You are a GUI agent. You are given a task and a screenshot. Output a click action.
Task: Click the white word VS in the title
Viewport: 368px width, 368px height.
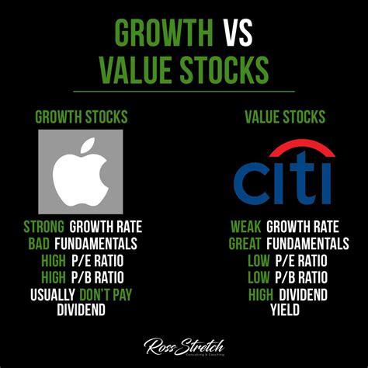(238, 33)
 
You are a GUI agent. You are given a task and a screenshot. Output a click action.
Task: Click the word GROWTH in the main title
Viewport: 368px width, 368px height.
(164, 33)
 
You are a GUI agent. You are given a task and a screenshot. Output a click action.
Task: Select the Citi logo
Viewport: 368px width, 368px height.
(284, 172)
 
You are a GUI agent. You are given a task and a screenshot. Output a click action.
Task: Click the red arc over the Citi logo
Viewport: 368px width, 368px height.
(302, 145)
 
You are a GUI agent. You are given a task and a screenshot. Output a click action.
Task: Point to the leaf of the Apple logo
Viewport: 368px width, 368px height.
(88, 145)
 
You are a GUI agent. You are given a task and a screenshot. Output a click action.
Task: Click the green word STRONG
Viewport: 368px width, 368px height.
(43, 227)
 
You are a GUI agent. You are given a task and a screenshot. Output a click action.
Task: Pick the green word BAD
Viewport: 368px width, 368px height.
(39, 244)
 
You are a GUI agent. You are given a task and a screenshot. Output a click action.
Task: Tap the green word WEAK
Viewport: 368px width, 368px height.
(246, 227)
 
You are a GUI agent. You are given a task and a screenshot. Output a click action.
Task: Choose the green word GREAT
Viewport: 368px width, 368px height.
(245, 244)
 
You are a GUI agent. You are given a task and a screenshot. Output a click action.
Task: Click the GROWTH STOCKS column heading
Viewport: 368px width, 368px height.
(82, 116)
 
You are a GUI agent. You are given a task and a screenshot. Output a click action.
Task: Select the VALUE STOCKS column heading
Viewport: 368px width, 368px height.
(285, 116)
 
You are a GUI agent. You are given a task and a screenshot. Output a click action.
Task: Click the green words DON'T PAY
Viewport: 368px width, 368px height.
(106, 294)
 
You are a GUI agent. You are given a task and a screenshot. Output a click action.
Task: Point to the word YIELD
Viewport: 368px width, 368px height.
(285, 310)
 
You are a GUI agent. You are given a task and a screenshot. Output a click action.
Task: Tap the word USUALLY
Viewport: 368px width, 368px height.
(53, 295)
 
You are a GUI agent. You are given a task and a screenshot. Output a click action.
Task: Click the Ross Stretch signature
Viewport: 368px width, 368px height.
(184, 346)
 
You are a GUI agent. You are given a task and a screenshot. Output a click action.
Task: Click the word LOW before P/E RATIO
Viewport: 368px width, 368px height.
(259, 261)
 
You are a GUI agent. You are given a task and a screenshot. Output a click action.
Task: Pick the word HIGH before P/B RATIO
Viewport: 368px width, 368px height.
(54, 277)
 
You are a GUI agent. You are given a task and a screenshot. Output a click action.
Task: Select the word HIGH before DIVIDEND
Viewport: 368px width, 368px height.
(261, 295)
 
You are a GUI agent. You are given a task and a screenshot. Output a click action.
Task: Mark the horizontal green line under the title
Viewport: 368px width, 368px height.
(184, 92)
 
